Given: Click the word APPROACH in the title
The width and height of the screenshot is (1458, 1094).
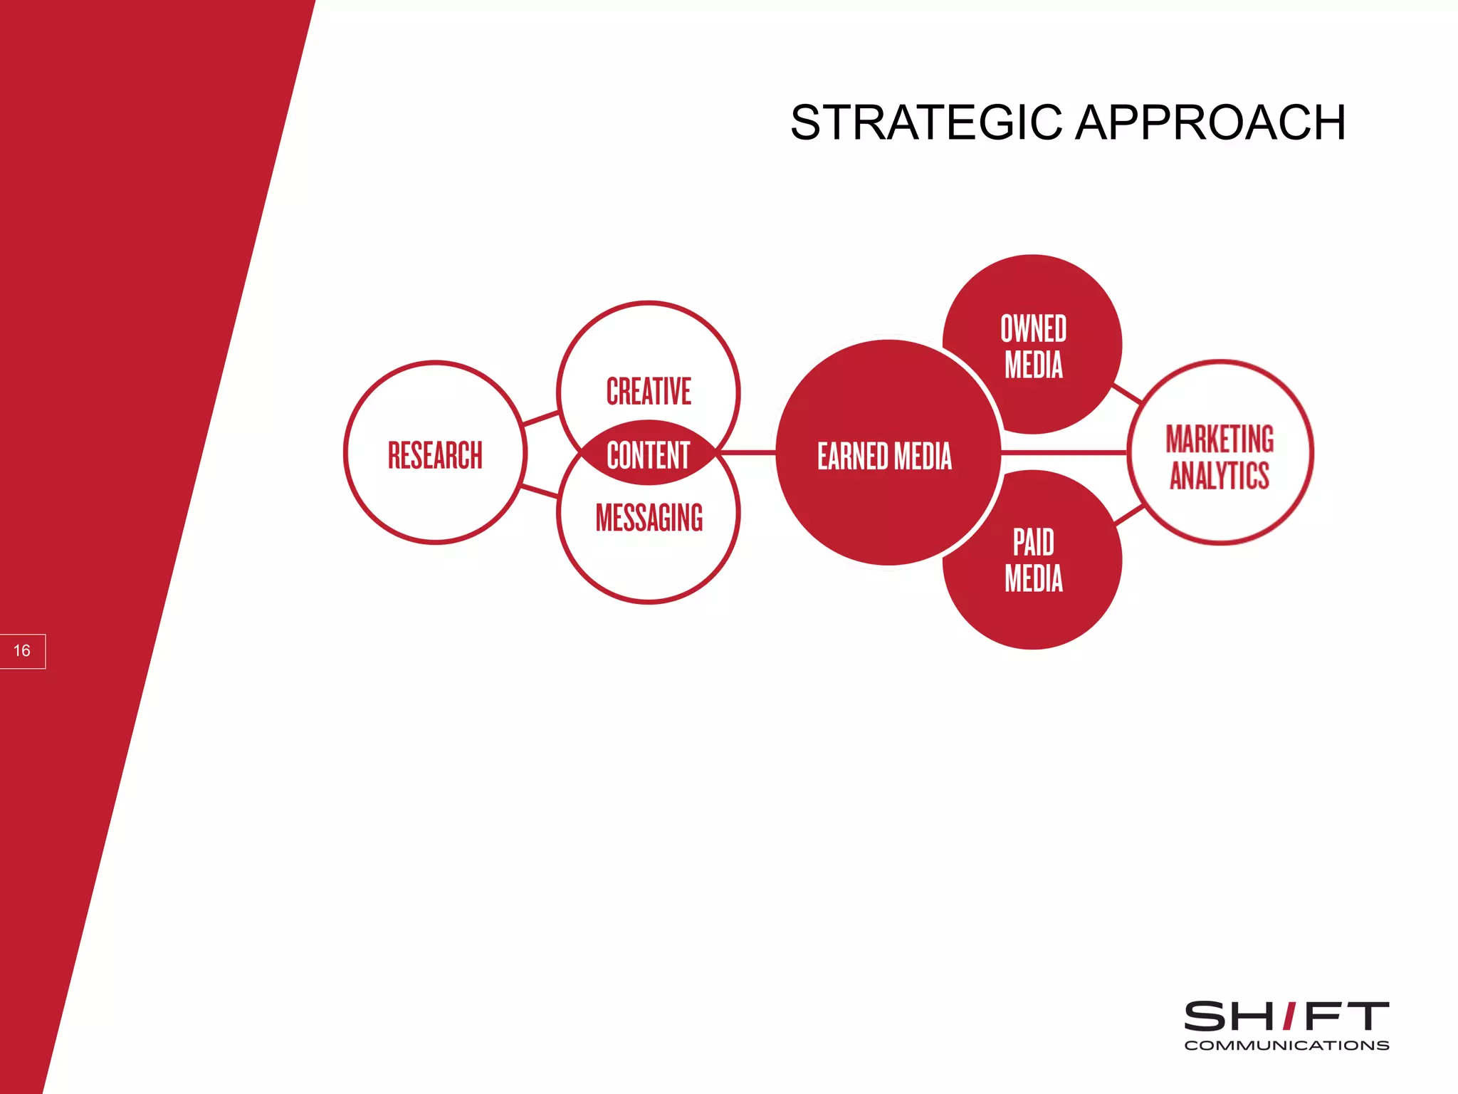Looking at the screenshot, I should point(1210,123).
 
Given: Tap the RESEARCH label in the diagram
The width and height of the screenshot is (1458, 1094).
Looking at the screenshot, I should point(435,455).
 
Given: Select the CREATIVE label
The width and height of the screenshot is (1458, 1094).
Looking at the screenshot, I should point(649,392).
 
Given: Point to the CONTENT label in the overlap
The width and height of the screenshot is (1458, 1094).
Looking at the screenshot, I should point(649,455).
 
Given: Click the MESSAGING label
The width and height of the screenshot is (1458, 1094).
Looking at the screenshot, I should point(649,518).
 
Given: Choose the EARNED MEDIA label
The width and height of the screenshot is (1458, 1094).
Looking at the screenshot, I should point(884,456).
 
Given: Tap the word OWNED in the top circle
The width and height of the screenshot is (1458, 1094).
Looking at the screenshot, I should point(1033,329).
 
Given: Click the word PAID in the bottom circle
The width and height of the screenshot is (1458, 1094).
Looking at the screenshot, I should point(1033,543).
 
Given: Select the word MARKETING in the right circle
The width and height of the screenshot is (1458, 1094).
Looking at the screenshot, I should point(1220,439).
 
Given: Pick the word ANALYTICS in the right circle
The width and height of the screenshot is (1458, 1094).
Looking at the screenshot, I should point(1220,475).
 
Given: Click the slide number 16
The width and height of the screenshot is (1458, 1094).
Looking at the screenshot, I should point(22,651).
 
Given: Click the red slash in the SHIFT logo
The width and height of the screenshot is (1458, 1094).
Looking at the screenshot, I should point(1289,1016).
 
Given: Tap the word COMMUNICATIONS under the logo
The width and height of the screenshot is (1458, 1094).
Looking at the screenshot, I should point(1286,1046).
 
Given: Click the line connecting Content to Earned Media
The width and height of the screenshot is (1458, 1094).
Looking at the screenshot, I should point(748,452).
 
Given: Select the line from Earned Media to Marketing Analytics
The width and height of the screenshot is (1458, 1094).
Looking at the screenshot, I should point(1064,452).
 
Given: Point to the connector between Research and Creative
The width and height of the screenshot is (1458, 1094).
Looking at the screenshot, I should point(541,418).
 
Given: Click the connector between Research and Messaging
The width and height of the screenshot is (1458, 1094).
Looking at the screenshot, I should point(540,491).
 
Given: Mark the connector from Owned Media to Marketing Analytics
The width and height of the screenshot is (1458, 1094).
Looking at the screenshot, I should point(1127,393).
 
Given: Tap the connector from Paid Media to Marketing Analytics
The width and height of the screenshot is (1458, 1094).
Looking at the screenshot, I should point(1129,514).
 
